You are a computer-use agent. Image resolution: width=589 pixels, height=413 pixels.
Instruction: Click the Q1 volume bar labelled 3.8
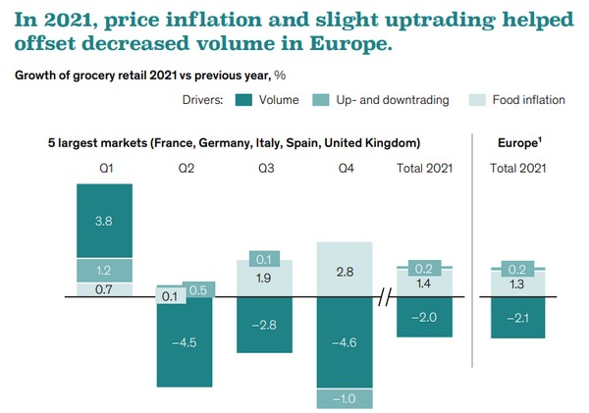(104, 221)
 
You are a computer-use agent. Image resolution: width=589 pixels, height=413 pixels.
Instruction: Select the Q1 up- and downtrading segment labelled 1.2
(104, 271)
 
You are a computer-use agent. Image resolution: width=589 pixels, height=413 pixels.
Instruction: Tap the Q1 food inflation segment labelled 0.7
(104, 289)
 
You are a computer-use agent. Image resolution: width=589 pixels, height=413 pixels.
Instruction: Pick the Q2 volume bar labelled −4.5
(185, 342)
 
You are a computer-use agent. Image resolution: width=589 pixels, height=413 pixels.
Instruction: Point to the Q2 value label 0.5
(198, 289)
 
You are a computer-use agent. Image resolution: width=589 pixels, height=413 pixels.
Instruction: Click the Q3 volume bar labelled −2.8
(264, 325)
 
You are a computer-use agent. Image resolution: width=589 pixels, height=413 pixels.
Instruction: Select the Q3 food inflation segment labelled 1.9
(264, 279)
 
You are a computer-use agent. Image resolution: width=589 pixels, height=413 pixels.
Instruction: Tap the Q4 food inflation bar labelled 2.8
(345, 269)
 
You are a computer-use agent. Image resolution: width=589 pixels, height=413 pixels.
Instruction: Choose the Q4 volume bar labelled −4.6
(345, 342)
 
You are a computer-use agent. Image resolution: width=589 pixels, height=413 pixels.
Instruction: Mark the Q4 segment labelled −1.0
(345, 398)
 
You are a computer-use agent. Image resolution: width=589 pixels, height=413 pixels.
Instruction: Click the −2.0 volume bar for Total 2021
(424, 317)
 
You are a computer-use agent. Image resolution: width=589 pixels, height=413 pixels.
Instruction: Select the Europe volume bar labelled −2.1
(517, 318)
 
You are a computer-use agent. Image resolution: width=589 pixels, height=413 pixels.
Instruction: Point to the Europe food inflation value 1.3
(517, 284)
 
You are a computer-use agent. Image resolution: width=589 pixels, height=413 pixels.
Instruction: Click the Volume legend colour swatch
(243, 100)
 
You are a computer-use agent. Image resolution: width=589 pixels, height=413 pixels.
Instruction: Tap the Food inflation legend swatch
(477, 100)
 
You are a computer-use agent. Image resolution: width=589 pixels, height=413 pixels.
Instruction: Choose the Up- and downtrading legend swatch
(321, 100)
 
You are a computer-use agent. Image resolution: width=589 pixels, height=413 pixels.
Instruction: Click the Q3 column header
(266, 168)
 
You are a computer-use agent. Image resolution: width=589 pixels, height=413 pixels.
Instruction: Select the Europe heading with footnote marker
(519, 142)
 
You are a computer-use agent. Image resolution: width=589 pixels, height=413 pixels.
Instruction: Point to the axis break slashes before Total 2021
(385, 297)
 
